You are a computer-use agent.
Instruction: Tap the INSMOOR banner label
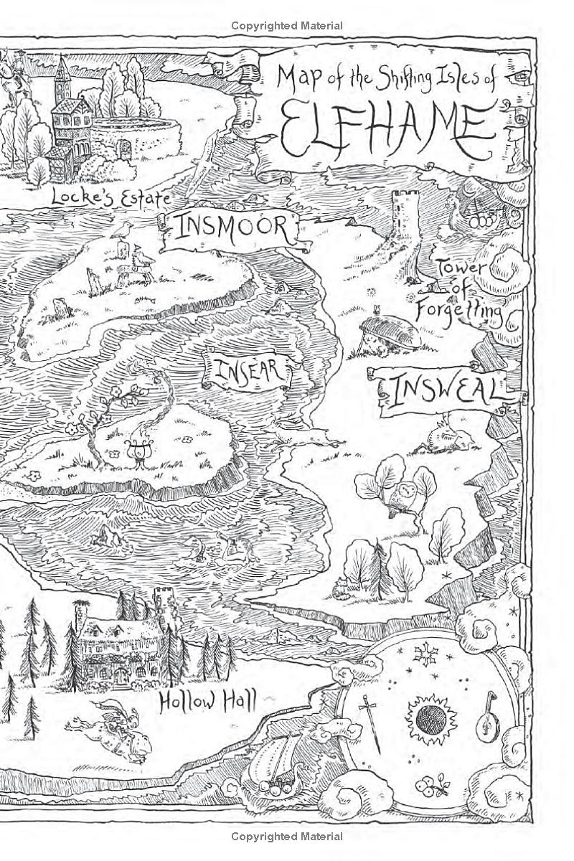232,229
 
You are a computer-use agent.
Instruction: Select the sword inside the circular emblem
372,722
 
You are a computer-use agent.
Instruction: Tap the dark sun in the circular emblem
431,718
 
